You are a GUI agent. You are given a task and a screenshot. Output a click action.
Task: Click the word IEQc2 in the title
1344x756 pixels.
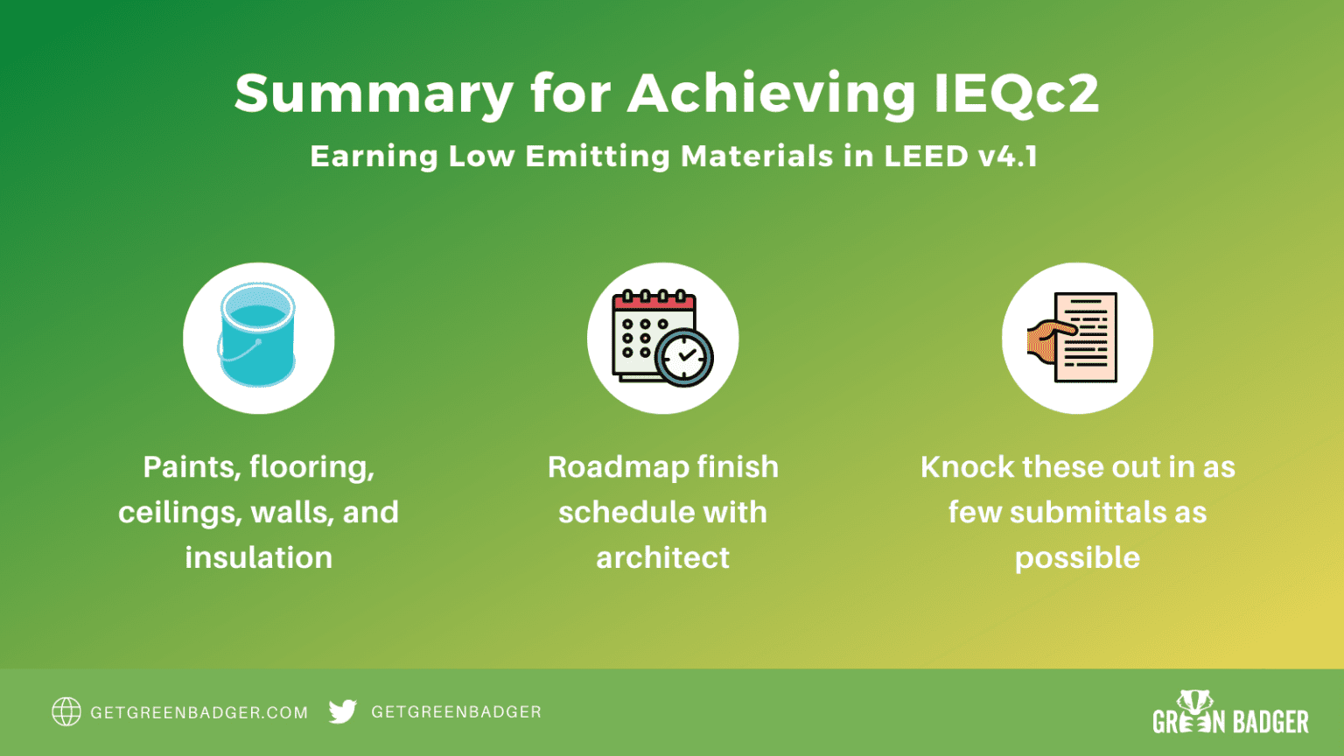(x=1016, y=93)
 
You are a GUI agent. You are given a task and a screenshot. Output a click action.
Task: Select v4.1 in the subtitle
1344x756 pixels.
(x=1008, y=157)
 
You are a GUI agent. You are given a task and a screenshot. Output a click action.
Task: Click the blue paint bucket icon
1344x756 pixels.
(x=257, y=336)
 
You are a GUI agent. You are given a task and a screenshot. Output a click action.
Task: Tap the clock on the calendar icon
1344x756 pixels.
(x=685, y=357)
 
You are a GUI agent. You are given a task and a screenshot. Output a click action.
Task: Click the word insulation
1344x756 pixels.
(x=259, y=558)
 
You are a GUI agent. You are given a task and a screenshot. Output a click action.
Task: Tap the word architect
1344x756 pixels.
(x=663, y=558)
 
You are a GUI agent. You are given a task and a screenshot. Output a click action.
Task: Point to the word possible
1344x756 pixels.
(x=1077, y=558)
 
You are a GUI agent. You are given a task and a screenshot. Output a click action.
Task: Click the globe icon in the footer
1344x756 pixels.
(x=66, y=712)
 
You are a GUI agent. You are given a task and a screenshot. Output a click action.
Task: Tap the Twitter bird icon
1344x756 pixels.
(x=343, y=711)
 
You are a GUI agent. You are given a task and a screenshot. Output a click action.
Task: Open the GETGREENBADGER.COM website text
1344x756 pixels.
(x=199, y=713)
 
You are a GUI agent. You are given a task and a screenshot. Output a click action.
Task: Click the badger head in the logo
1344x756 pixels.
(x=1194, y=702)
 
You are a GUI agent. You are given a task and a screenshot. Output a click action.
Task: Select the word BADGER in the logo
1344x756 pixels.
(x=1270, y=722)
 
